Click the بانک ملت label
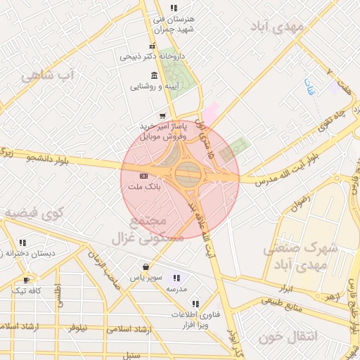(144, 188)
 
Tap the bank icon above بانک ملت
(144, 176)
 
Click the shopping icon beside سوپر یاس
(146, 267)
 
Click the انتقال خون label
(288, 337)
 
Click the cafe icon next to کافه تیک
(26, 280)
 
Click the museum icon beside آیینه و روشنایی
(154, 75)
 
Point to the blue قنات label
(308, 87)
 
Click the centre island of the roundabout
(187, 173)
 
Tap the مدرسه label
(176, 289)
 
